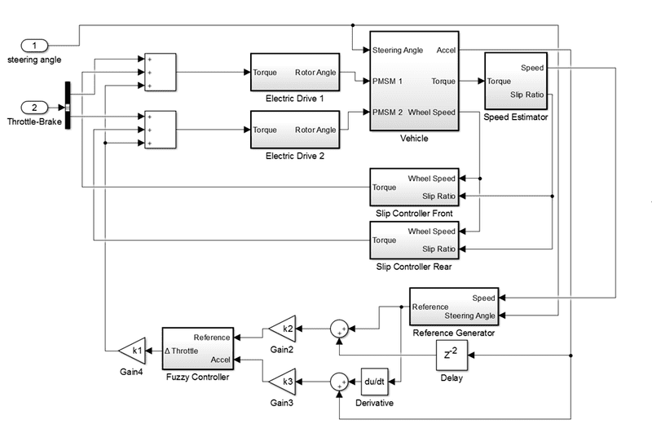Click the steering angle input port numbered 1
click(x=34, y=44)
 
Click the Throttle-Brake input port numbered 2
click(x=34, y=107)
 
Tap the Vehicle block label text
click(x=414, y=139)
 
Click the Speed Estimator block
click(x=515, y=82)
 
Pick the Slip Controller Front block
click(x=414, y=187)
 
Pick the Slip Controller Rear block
click(x=414, y=240)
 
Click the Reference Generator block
click(x=454, y=307)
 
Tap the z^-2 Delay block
click(x=450, y=355)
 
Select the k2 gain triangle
click(x=281, y=329)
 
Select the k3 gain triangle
click(x=281, y=381)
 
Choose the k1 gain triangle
click(x=132, y=351)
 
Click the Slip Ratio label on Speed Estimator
click(x=527, y=95)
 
